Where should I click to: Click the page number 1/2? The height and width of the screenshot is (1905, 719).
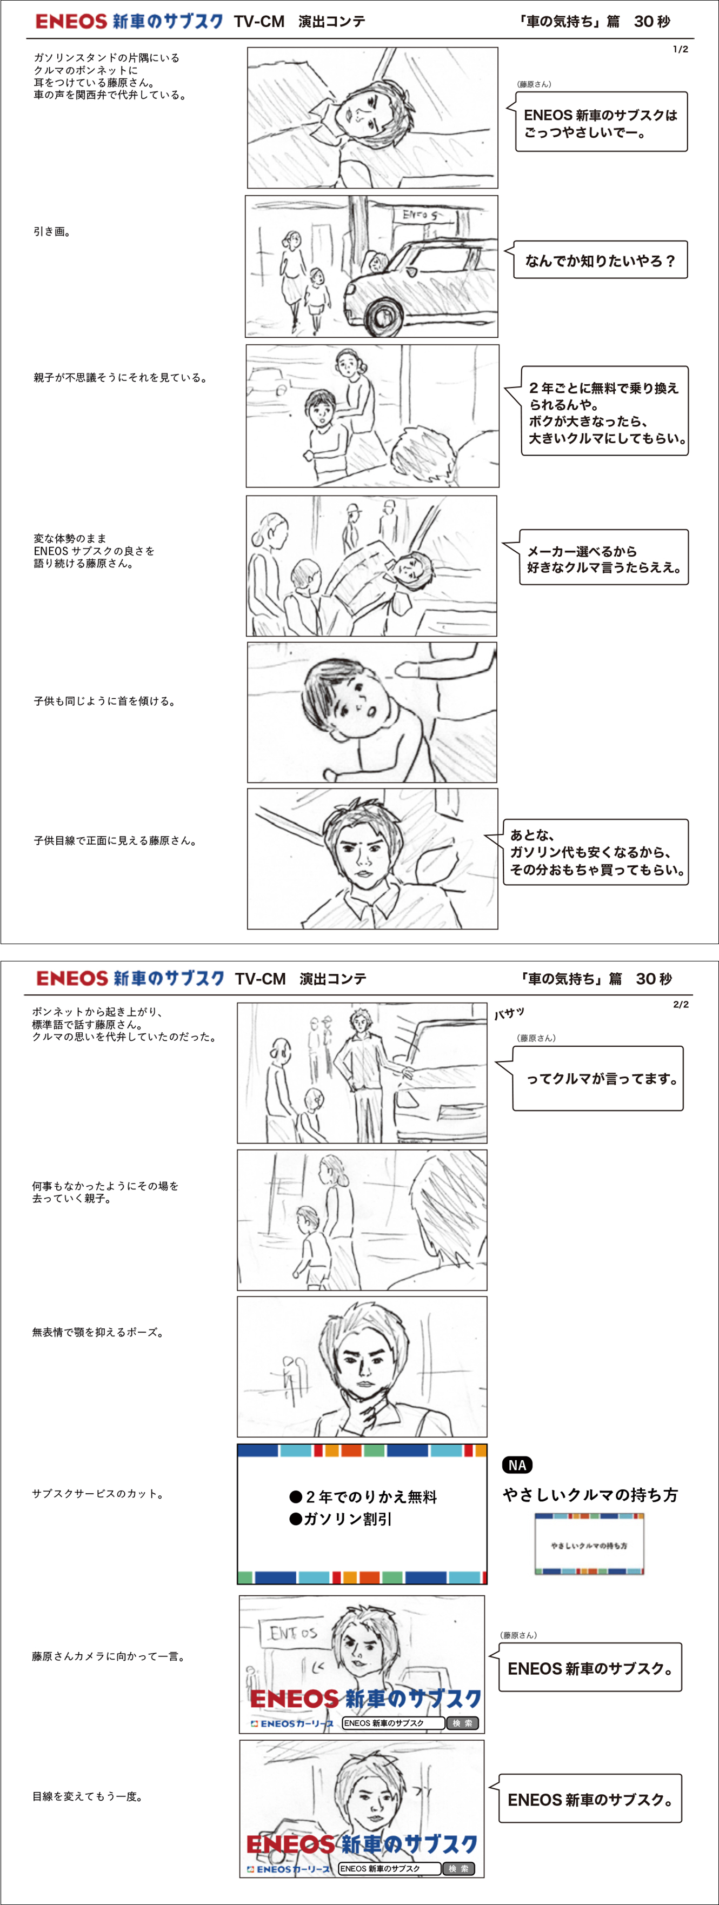(x=680, y=50)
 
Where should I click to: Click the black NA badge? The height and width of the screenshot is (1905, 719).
(x=517, y=1465)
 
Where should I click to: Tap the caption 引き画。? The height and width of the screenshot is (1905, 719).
(x=52, y=231)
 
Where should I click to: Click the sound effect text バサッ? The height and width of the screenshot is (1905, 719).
(x=510, y=1013)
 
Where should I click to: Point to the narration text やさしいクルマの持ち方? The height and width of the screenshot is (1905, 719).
(x=590, y=1495)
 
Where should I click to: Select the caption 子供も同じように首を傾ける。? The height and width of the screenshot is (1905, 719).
(x=105, y=701)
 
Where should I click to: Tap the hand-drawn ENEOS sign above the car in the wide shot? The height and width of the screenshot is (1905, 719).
(x=422, y=215)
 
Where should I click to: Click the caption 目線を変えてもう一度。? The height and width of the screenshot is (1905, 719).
(x=87, y=1796)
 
